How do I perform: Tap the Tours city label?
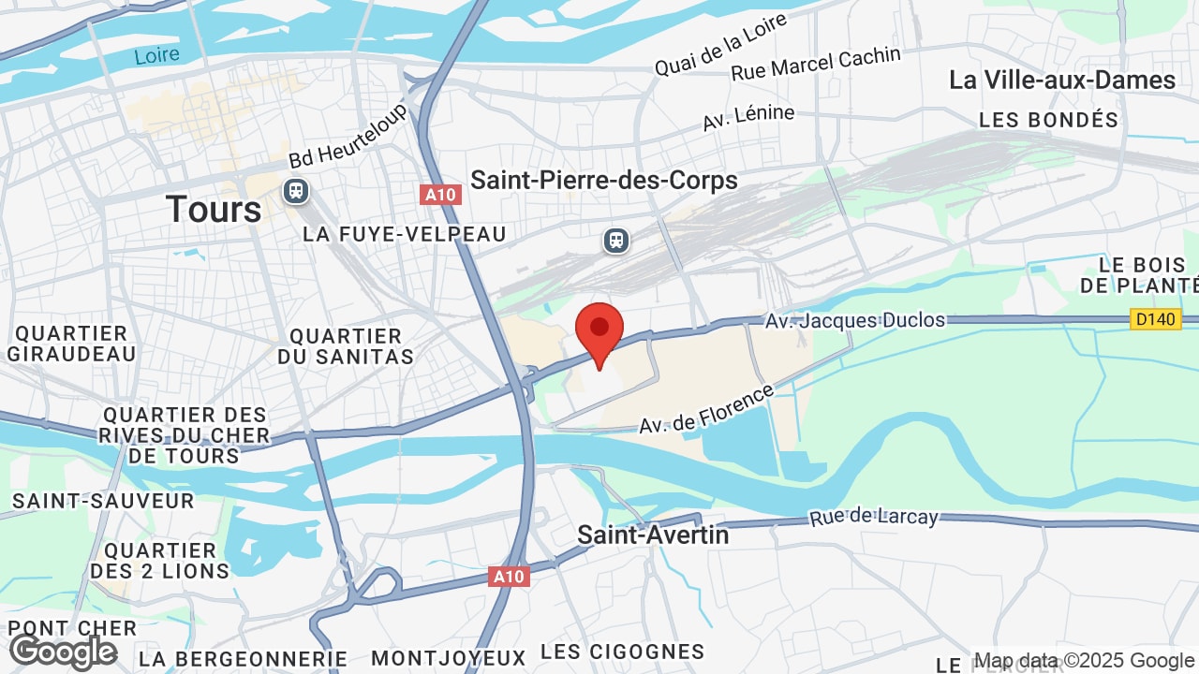click(x=214, y=209)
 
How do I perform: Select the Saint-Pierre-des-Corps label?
click(x=604, y=180)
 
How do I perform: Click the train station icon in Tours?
click(x=296, y=191)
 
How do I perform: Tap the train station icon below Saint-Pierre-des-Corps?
click(x=615, y=241)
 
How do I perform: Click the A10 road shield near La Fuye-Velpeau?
click(x=439, y=195)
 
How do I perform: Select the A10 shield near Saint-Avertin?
click(x=509, y=577)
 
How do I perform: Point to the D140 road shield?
click(x=1155, y=319)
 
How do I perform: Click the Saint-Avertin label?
click(x=653, y=535)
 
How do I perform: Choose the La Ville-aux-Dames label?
click(x=1062, y=80)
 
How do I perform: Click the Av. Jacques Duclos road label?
click(x=855, y=320)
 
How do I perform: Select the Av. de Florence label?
click(x=707, y=409)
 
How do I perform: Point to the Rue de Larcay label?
click(x=874, y=516)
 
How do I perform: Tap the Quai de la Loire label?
click(x=708, y=51)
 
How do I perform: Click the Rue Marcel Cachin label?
click(x=815, y=63)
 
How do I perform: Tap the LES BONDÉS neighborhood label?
click(x=1048, y=120)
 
